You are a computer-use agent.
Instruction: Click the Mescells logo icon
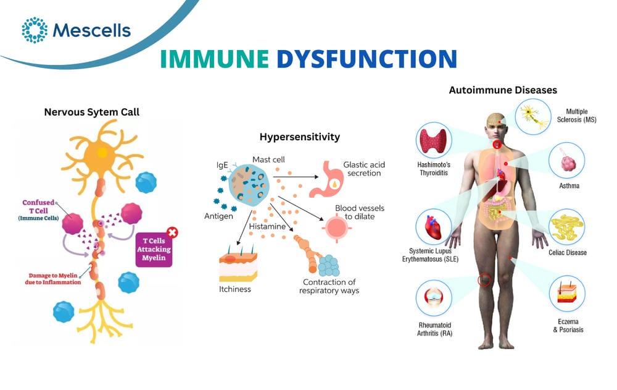tap(35, 30)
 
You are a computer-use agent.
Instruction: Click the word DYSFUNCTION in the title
tap(366, 59)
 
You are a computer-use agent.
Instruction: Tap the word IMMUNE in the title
tap(215, 59)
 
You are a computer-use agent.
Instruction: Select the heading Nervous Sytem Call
tap(92, 112)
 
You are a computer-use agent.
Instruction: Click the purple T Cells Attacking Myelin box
tap(154, 250)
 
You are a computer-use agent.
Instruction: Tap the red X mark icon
tap(172, 232)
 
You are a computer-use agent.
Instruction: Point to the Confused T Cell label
tap(38, 210)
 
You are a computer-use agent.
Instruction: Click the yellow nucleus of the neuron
tap(102, 152)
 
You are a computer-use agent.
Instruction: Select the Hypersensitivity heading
tap(299, 137)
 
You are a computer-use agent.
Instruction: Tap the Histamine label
tap(267, 226)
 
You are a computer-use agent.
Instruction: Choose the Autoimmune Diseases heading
tap(503, 90)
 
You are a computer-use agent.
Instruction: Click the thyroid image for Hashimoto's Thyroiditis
tap(434, 140)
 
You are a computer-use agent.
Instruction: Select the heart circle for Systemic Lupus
tap(434, 227)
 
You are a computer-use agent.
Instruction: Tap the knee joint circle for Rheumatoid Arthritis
tap(434, 298)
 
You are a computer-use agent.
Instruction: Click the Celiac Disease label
tap(568, 252)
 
